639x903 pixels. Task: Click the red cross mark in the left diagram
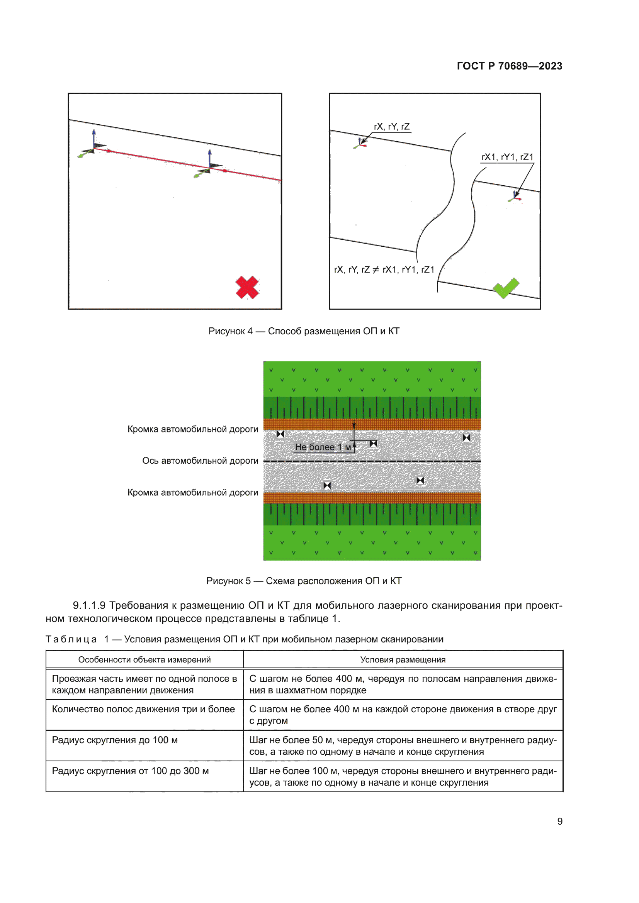pos(247,287)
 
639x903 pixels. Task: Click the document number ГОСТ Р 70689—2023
pos(509,66)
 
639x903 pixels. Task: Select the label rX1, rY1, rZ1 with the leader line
pos(507,157)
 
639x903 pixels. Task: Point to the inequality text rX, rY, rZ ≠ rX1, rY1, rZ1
pos(384,269)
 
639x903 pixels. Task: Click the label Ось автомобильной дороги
pos(200,461)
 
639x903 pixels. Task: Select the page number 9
pos(559,821)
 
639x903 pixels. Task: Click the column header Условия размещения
pos(403,659)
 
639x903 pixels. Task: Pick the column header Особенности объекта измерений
pos(144,659)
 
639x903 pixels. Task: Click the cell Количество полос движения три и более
pos(144,709)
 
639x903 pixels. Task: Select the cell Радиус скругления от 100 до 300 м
pos(130,771)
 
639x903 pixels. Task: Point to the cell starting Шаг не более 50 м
pos(403,746)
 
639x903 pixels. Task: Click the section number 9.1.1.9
pos(89,605)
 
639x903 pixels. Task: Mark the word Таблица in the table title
pos(71,639)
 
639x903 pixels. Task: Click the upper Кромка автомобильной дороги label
pos(193,429)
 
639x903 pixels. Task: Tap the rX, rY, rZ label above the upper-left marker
pos(391,127)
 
